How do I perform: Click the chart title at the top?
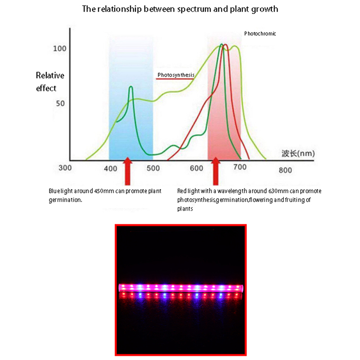click(180, 9)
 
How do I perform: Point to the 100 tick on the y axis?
click(59, 49)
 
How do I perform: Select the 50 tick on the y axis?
click(60, 103)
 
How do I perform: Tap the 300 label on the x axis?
click(66, 168)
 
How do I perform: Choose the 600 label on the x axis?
click(197, 168)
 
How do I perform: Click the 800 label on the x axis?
click(285, 170)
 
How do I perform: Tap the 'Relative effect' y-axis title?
click(49, 82)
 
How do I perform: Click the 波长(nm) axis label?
click(298, 153)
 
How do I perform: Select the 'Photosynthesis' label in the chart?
click(175, 75)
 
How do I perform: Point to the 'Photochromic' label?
click(260, 34)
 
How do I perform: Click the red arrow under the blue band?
click(128, 171)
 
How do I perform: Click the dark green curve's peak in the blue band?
click(131, 87)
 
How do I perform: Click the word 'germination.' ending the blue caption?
click(65, 199)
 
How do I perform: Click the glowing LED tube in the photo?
click(180, 287)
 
